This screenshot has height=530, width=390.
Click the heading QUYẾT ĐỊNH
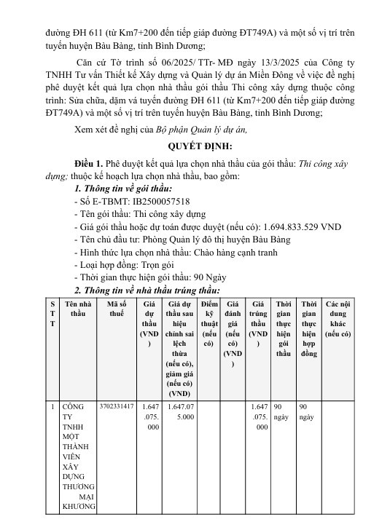(195, 145)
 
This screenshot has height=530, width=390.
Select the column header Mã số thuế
(116, 308)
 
